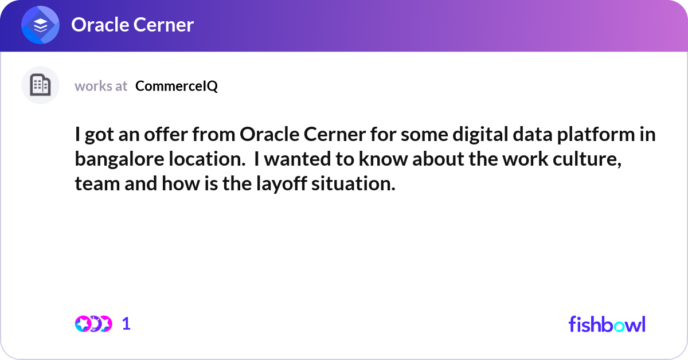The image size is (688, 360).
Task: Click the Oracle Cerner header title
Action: click(132, 25)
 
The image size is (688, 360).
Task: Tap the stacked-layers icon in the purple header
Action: click(41, 25)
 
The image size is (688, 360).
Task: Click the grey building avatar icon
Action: click(40, 85)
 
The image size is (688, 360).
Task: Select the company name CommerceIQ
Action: click(177, 86)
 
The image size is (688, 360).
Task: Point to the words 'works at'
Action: click(101, 86)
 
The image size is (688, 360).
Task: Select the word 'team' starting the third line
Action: click(93, 185)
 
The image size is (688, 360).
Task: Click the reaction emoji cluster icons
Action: click(93, 324)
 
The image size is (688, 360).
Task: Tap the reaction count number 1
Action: click(126, 324)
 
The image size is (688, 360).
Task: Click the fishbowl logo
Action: click(607, 324)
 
